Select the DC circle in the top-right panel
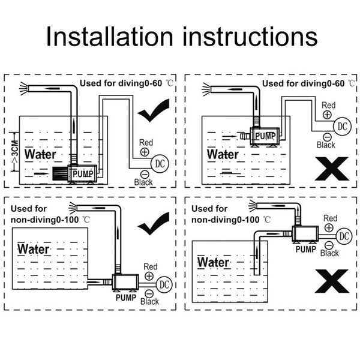(x=343, y=126)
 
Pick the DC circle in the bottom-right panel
(x=344, y=236)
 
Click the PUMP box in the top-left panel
(x=83, y=173)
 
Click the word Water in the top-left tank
(x=41, y=154)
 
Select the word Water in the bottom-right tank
(x=213, y=262)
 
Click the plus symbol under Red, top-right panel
(x=328, y=114)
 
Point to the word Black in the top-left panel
(x=144, y=181)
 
